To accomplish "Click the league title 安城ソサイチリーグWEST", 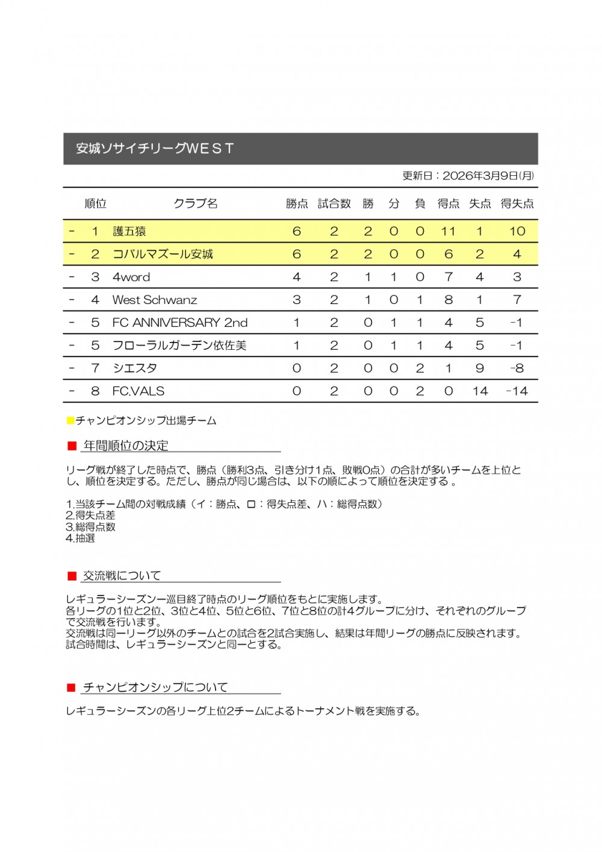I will (x=155, y=148).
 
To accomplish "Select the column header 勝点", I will (x=297, y=204).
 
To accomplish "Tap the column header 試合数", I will (x=334, y=204).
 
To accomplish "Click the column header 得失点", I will (x=517, y=204).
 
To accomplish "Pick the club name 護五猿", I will (x=129, y=231).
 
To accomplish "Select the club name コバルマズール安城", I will (x=163, y=254).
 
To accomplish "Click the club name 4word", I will (x=131, y=277).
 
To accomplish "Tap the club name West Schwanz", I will (x=155, y=300).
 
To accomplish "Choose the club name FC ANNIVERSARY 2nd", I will (x=180, y=323).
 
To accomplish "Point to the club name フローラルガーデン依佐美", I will (x=179, y=346).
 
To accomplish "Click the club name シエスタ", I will (x=135, y=368).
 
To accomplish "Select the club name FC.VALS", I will (x=138, y=391).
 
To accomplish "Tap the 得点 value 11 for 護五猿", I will (x=448, y=231).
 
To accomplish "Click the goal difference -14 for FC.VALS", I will (x=517, y=391).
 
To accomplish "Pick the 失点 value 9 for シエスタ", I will (x=480, y=368).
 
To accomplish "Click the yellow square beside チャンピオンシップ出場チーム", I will (x=70, y=420).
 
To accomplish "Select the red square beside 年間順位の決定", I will (x=72, y=446).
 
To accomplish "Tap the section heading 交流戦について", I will (x=122, y=576).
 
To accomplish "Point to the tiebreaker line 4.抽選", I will (x=80, y=538).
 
